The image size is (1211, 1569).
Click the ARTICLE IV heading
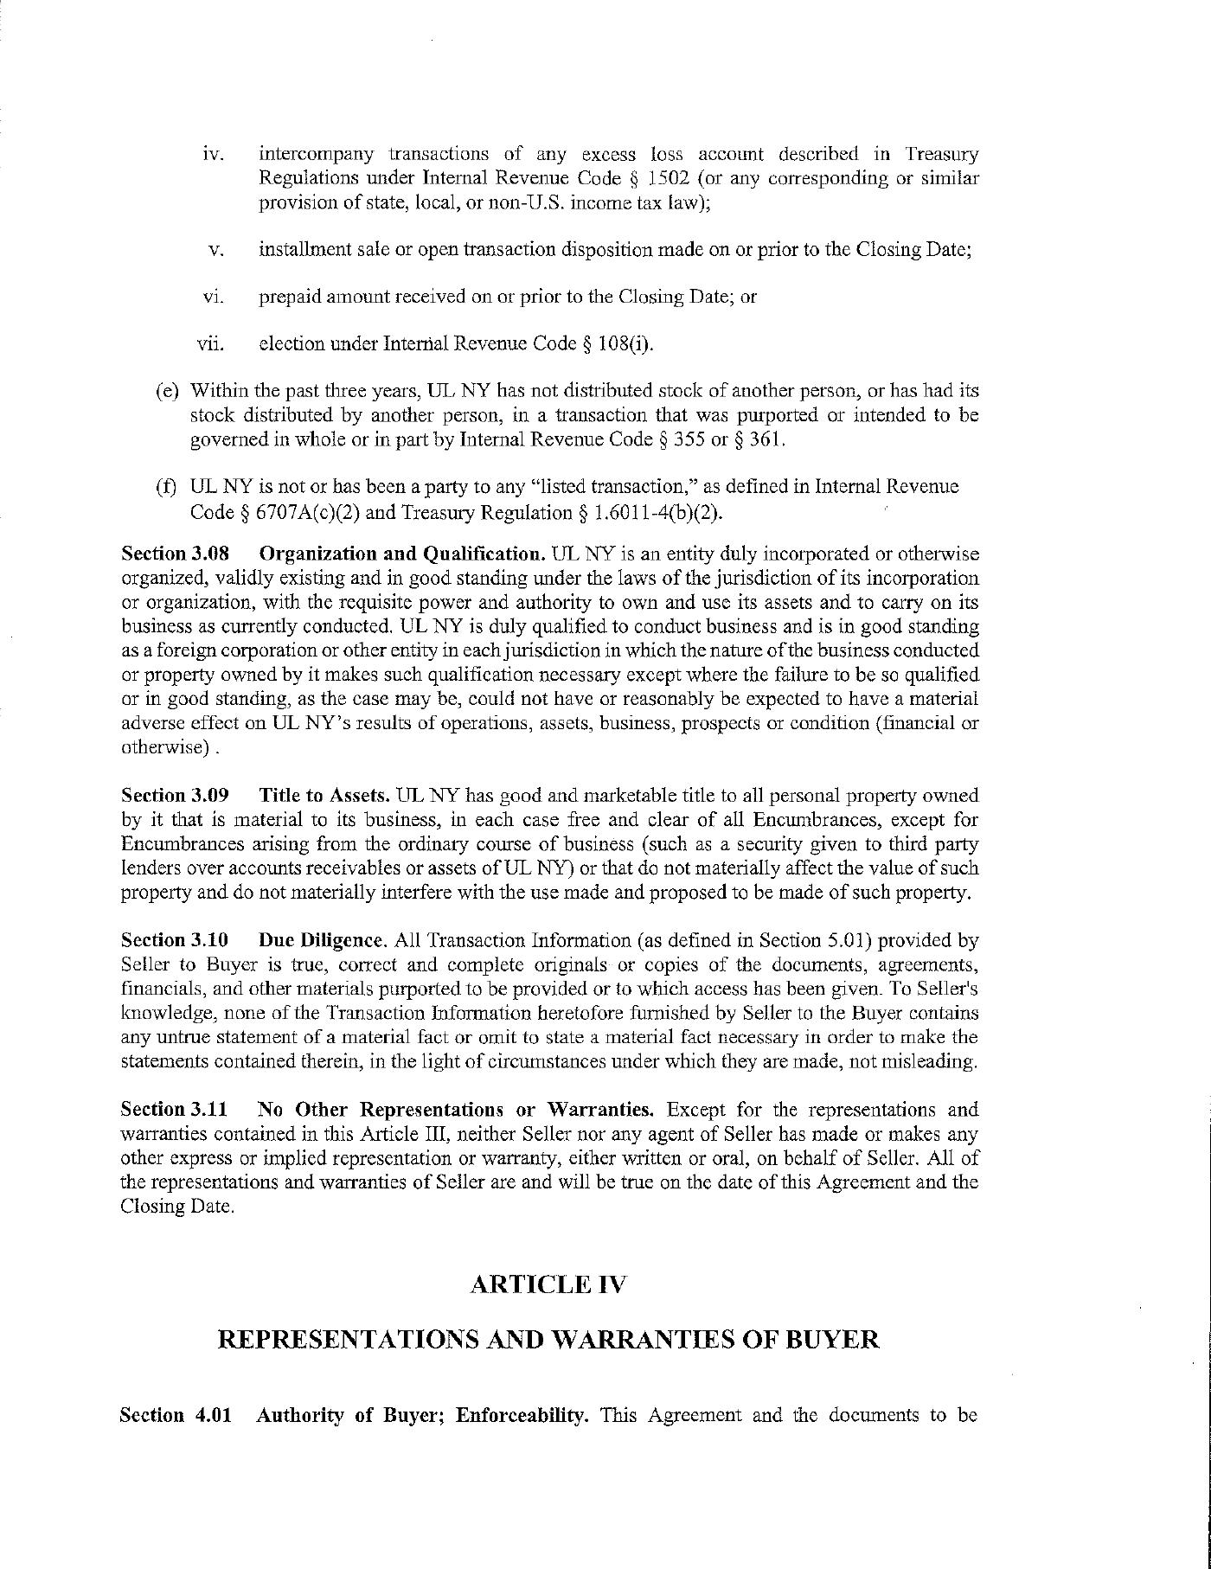pos(547,1284)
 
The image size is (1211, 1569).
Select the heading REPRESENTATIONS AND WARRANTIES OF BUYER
pos(547,1340)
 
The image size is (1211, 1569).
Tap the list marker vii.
pos(211,344)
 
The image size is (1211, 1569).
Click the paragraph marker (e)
pos(167,391)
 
